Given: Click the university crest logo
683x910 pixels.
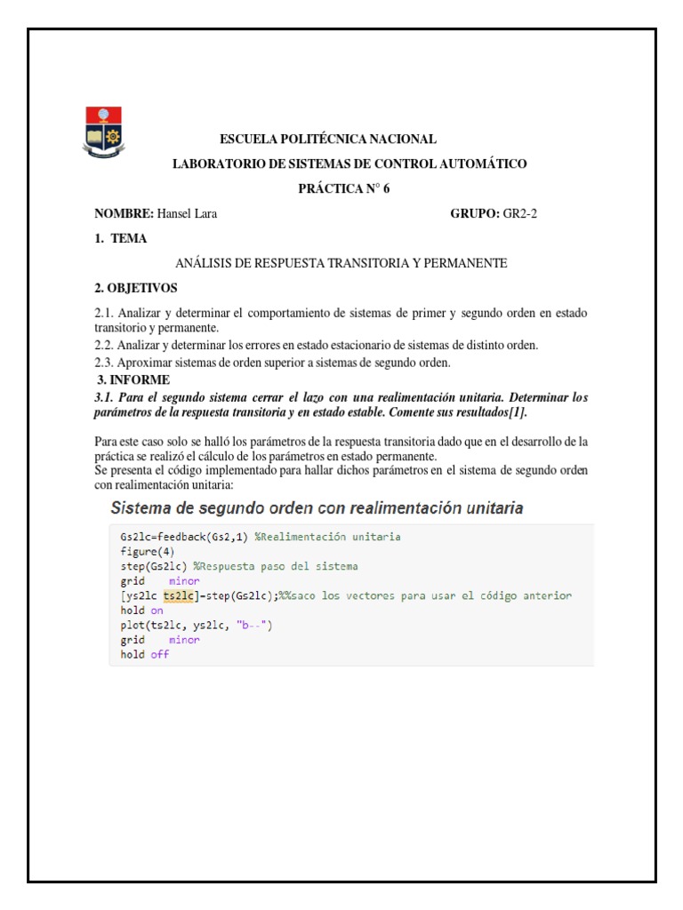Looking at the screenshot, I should tap(104, 132).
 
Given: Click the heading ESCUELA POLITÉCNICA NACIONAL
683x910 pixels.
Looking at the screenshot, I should tap(328, 140).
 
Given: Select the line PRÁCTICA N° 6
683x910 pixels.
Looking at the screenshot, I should tap(343, 188).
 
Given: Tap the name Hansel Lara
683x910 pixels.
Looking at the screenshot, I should tap(187, 213).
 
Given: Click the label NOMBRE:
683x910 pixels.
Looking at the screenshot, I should tap(125, 213).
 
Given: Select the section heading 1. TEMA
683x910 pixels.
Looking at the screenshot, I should tap(121, 238).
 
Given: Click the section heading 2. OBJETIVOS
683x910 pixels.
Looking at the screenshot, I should tap(136, 288).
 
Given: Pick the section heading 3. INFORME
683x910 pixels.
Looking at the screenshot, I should tap(133, 379).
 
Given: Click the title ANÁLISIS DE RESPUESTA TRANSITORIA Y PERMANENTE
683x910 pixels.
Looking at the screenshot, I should tap(341, 263).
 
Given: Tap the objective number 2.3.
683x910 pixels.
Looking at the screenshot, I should tap(105, 363).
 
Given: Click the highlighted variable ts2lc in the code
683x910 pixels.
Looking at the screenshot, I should tap(173, 595).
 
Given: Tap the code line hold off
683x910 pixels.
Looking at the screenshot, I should tap(144, 655).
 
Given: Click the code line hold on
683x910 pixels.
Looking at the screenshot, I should tap(142, 611).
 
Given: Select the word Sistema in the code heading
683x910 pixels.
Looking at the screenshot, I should tap(143, 509).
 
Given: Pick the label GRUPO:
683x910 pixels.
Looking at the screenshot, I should tap(475, 213).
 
